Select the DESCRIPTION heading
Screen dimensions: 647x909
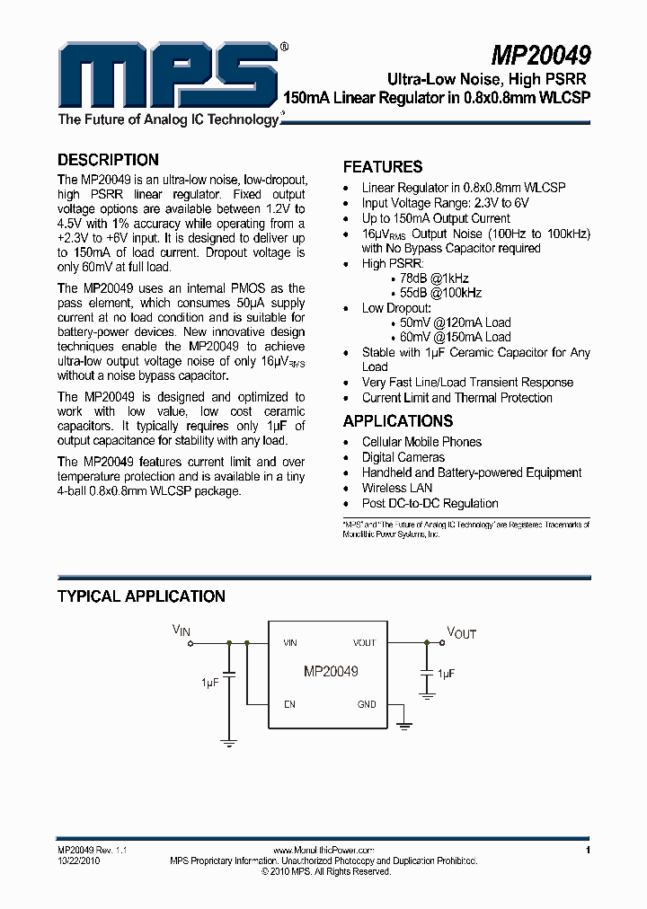[108, 160]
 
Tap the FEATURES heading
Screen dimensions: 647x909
[383, 167]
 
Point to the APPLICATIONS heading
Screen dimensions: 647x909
[398, 421]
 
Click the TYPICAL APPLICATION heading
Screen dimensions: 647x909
[141, 596]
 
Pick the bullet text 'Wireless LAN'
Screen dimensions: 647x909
[397, 488]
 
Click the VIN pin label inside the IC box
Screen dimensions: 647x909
[290, 643]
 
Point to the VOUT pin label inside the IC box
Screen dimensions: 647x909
[364, 643]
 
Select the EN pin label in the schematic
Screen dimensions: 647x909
[289, 705]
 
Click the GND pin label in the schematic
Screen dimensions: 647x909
[367, 705]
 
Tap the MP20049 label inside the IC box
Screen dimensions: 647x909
[331, 672]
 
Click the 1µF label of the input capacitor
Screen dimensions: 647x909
[209, 684]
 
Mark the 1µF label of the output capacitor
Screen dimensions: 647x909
[446, 673]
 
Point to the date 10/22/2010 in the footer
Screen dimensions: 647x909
[77, 860]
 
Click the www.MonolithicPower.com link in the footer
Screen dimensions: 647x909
[323, 850]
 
